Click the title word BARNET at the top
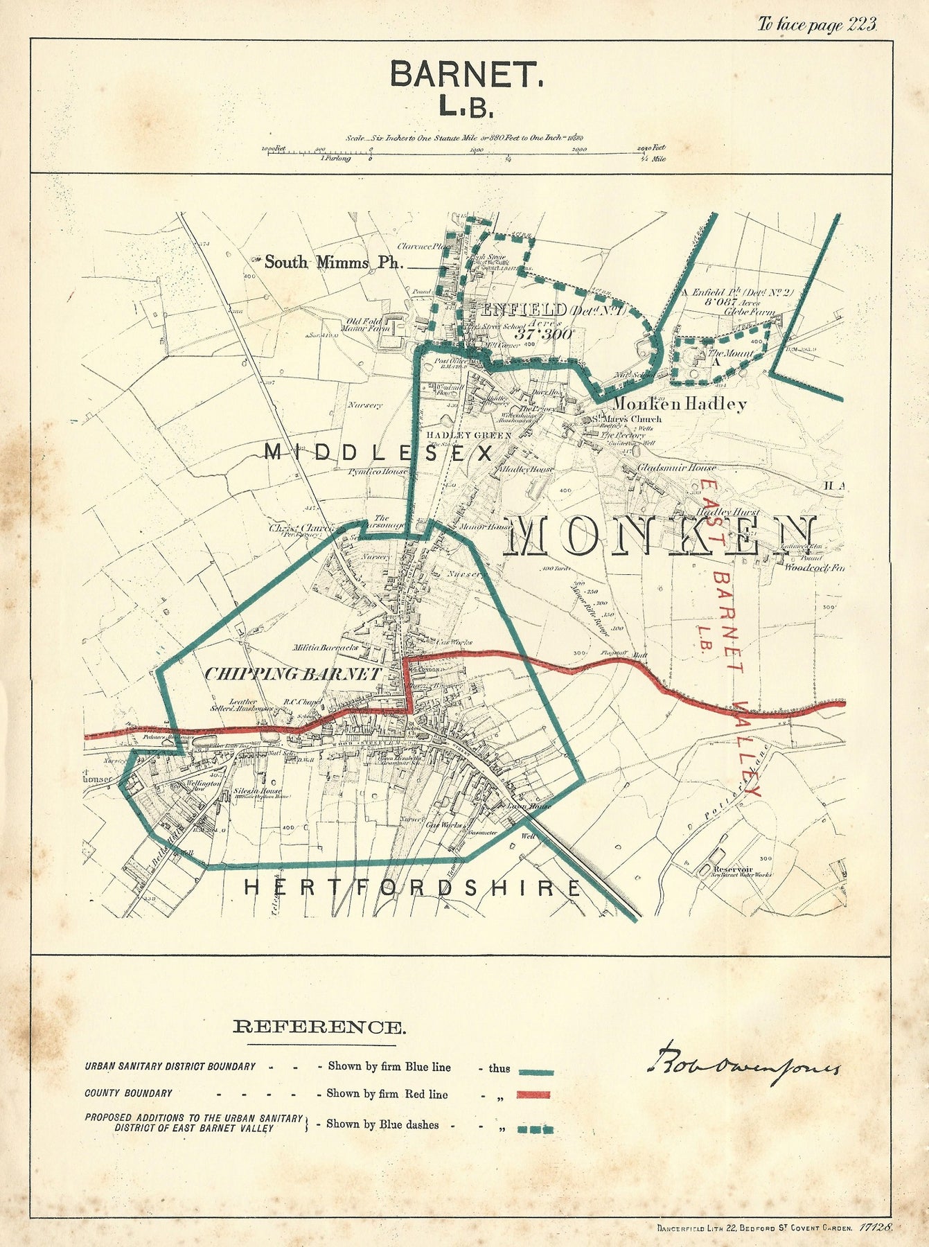[466, 74]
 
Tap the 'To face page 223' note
[817, 25]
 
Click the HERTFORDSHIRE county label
[412, 888]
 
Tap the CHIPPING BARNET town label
[292, 674]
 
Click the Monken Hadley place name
[679, 404]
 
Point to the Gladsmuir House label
[676, 468]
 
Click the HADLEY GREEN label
[469, 435]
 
